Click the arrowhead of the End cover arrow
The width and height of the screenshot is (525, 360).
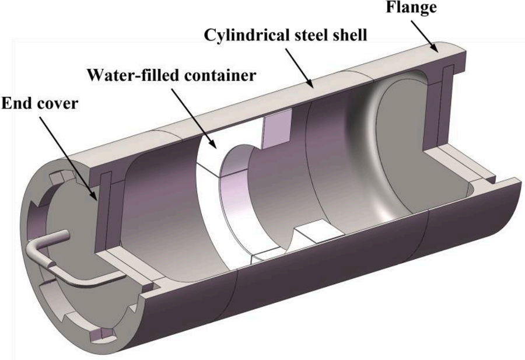click(97, 198)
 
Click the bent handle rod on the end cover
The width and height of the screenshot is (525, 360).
click(87, 274)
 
